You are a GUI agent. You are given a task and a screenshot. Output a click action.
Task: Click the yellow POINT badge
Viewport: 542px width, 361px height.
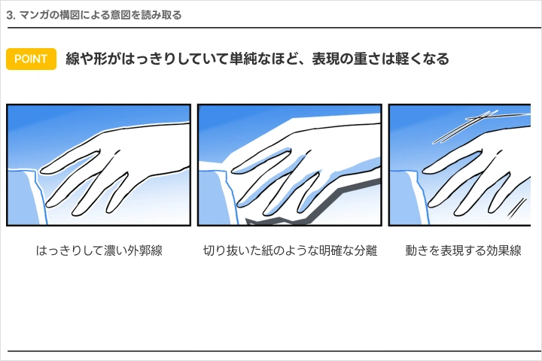tap(31, 59)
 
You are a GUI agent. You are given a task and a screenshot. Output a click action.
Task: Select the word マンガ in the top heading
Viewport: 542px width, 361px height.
tap(35, 14)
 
